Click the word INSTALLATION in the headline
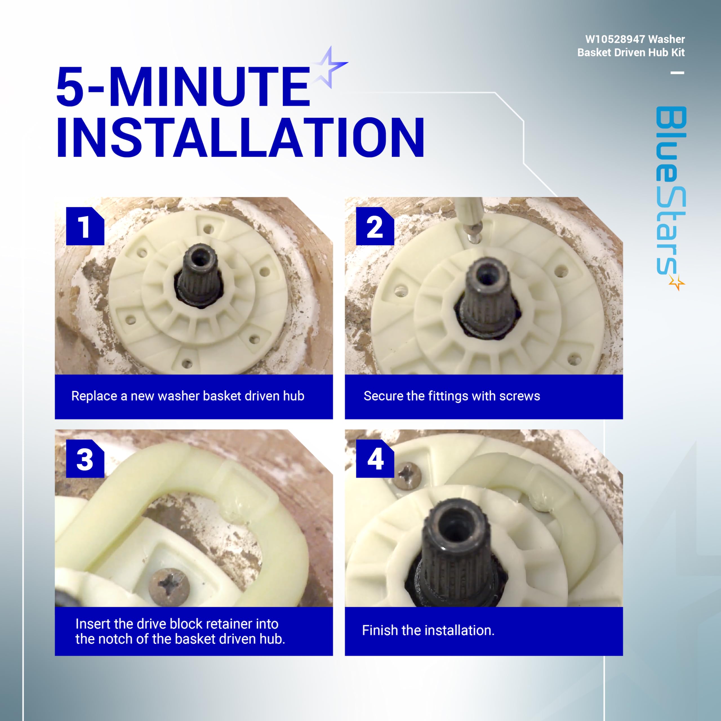click(x=240, y=137)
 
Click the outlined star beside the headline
click(x=328, y=67)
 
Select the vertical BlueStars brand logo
click(x=671, y=198)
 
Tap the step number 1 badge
click(x=85, y=226)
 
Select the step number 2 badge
click(x=375, y=226)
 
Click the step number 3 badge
click(x=85, y=459)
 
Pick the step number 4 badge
click(x=375, y=459)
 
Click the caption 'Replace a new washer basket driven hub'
click(x=188, y=396)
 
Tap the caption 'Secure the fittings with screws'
click(x=451, y=396)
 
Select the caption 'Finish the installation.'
click(x=428, y=630)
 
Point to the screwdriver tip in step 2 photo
click(x=474, y=239)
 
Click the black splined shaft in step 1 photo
click(x=199, y=276)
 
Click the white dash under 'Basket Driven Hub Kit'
click(x=677, y=73)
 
